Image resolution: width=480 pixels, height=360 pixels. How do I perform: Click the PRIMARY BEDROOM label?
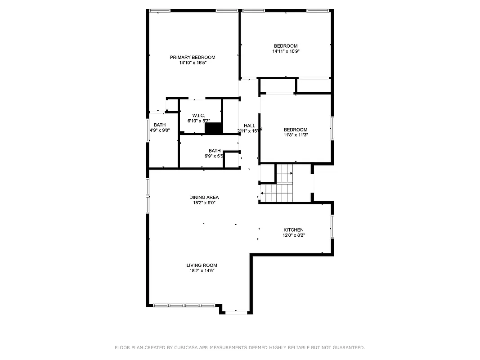pos(193,57)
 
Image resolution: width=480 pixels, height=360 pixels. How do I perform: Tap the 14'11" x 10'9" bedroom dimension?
pos(286,51)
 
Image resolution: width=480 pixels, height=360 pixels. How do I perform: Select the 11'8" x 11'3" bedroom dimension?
pos(296,135)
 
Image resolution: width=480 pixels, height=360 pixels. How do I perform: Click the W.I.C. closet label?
pos(199,116)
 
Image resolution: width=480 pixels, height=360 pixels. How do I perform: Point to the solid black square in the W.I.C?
pos(214,128)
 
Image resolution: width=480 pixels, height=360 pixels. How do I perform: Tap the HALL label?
pos(250,126)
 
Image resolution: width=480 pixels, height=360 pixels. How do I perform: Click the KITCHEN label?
pos(293,230)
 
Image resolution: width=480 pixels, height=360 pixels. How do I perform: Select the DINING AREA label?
pos(204,197)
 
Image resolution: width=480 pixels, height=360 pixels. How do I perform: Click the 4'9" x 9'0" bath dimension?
pos(159,130)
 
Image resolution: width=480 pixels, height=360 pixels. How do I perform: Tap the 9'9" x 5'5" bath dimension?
pos(214,157)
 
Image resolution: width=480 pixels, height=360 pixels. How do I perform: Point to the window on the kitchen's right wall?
pos(332,226)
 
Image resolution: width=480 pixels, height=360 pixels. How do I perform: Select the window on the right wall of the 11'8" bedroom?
pos(332,128)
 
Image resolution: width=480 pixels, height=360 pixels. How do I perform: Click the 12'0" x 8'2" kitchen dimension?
pos(293,235)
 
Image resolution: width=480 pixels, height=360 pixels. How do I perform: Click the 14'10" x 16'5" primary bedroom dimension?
pos(193,63)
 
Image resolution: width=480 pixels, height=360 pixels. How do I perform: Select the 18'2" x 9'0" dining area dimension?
pos(204,203)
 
